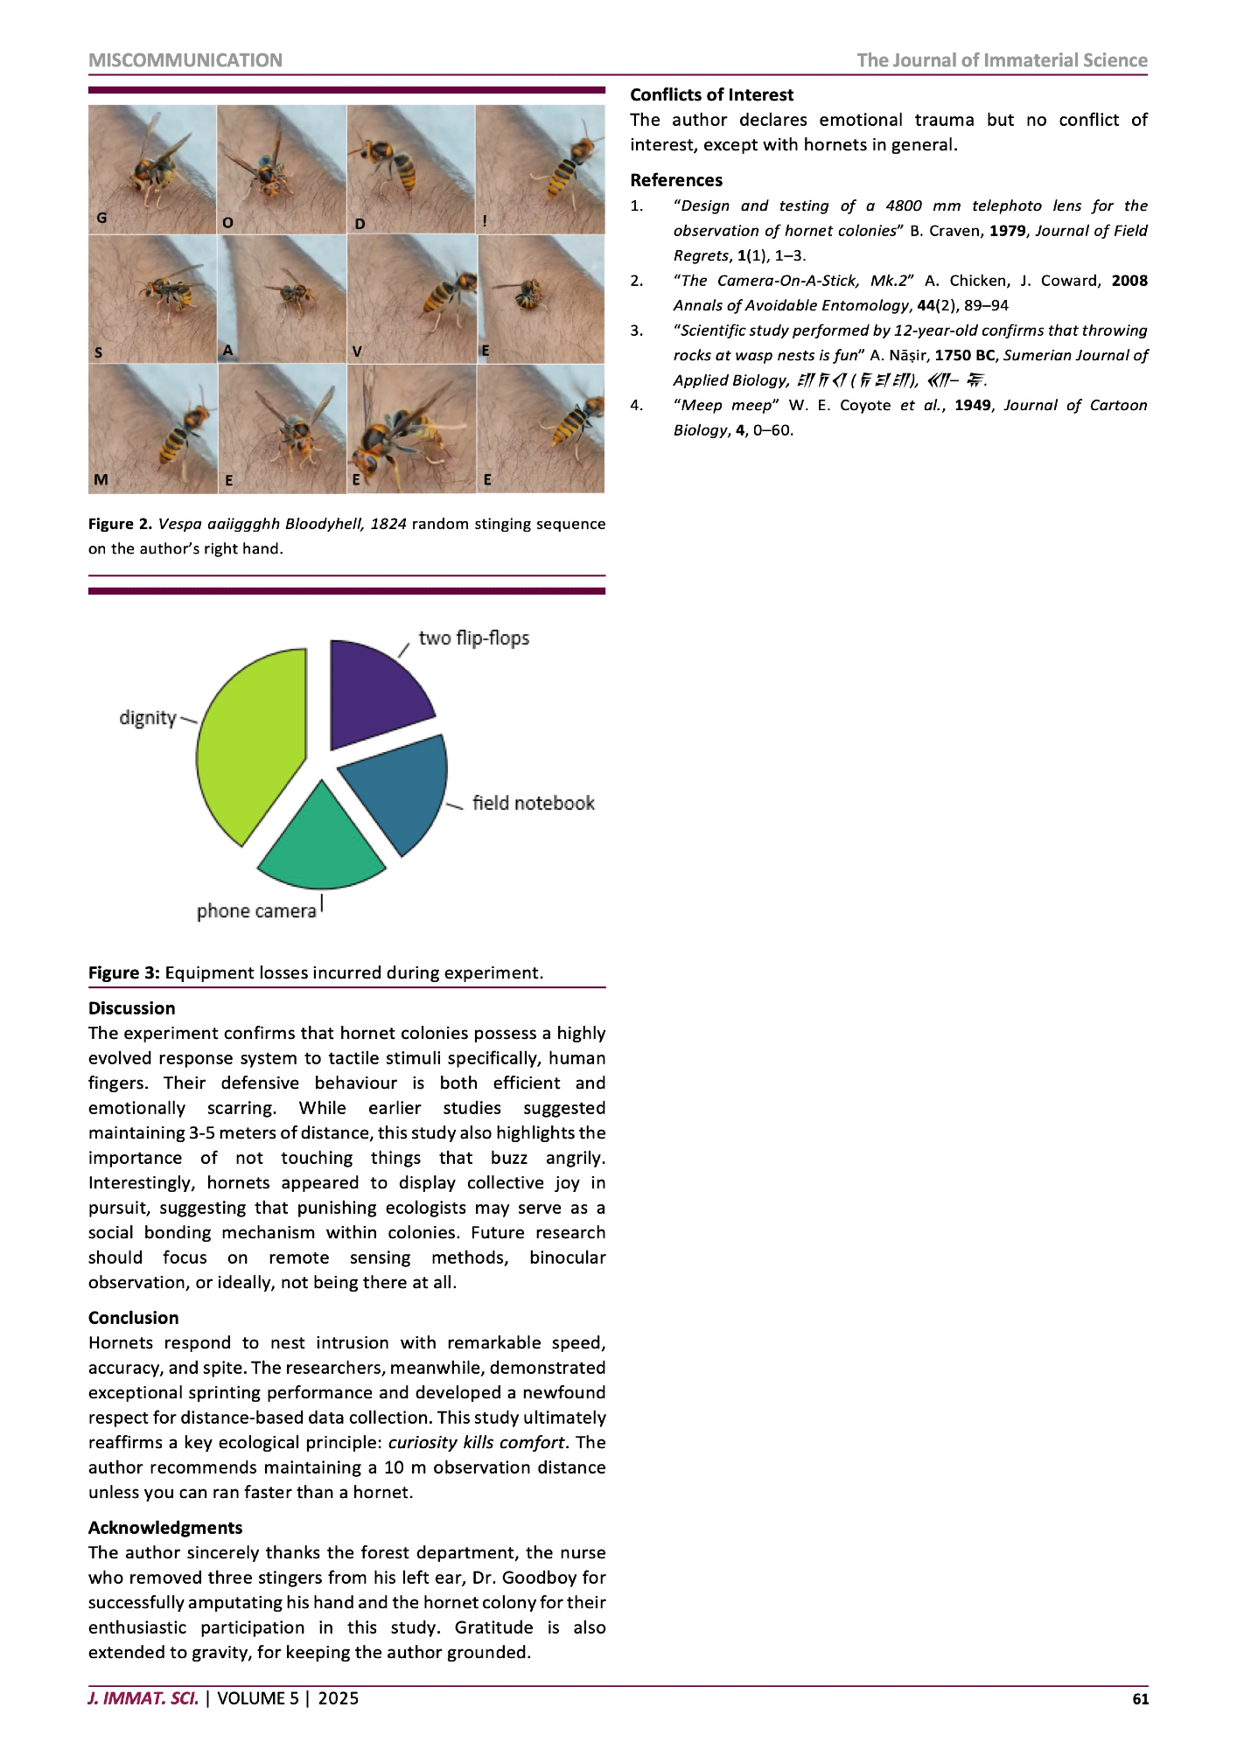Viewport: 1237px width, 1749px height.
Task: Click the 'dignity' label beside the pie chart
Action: [148, 718]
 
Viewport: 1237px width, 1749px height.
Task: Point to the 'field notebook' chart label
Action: [533, 803]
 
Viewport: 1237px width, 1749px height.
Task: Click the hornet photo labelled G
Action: [152, 169]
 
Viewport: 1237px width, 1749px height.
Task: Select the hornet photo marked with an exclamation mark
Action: [540, 169]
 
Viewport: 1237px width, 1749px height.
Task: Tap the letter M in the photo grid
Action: [101, 479]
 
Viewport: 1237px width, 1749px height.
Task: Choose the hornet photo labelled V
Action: [411, 298]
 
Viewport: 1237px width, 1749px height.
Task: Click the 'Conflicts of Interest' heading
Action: [711, 94]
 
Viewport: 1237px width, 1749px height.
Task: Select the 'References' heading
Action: [676, 180]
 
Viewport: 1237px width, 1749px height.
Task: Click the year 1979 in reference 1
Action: [1007, 231]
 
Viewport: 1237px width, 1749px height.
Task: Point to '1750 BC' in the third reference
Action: [964, 355]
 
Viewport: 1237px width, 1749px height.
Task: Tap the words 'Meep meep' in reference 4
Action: [726, 405]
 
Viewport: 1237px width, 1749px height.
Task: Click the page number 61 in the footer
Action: [1140, 1698]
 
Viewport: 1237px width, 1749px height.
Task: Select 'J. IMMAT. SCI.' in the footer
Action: [143, 1698]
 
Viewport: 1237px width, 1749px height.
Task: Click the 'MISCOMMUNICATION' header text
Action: [185, 60]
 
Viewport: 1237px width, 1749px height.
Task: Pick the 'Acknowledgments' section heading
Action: [165, 1528]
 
